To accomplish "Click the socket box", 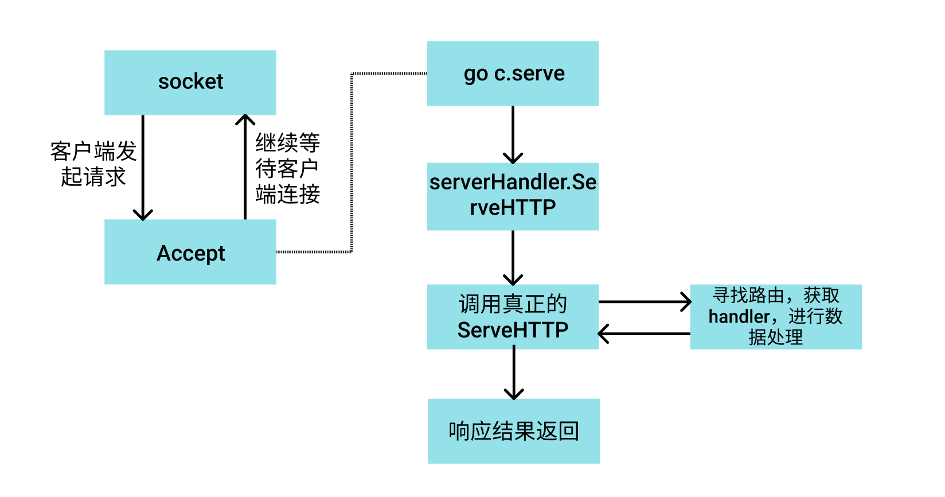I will coord(190,83).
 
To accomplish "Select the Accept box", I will coord(190,252).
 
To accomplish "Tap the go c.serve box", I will coord(513,73).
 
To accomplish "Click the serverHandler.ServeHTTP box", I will coord(513,196).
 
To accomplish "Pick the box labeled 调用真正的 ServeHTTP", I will coord(513,317).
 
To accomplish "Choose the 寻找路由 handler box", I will coord(775,317).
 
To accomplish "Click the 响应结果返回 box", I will coord(513,431).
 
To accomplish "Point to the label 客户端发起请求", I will coord(93,164).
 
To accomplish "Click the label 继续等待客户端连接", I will coord(287,169).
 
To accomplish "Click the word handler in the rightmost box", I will coord(739,317).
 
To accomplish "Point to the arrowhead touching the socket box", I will coord(245,119).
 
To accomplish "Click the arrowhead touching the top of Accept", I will coord(143,215).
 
